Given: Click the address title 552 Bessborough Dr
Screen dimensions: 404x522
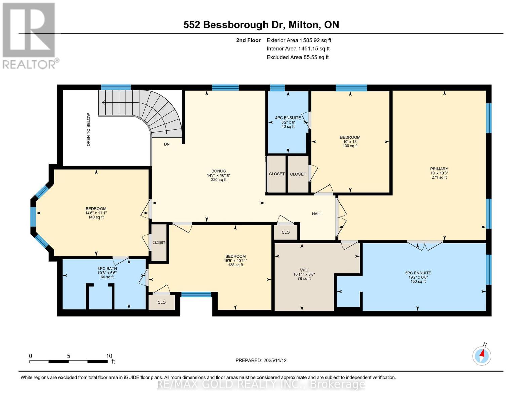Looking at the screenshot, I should click(261, 25).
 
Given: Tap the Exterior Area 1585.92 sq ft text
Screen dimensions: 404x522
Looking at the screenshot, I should click(298, 40).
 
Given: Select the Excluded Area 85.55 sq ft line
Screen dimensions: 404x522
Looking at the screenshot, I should click(297, 57).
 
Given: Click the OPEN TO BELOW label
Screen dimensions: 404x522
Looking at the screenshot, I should click(89, 129).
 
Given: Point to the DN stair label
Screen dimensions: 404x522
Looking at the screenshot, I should click(167, 144).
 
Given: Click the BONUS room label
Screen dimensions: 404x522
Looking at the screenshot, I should click(218, 171).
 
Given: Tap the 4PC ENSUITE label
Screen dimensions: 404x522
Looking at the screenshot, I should click(288, 118).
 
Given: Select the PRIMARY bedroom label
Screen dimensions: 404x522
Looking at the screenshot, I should click(439, 169).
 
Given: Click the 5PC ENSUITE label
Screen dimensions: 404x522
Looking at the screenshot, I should click(418, 273).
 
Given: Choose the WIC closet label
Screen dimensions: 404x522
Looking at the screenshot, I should click(304, 270).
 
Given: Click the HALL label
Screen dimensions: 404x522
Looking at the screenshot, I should click(317, 214).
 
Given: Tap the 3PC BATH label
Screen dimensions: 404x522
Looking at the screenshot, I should click(107, 269).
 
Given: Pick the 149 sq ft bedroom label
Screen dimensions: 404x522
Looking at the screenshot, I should click(96, 213).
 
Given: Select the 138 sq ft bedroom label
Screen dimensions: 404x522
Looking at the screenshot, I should click(235, 260).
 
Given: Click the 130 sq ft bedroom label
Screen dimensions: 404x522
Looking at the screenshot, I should click(350, 141).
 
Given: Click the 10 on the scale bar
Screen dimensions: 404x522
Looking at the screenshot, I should click(109, 356).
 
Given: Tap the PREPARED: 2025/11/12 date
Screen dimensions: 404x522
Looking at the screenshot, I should click(261, 360).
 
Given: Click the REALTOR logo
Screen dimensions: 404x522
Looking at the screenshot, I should click(30, 35).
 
